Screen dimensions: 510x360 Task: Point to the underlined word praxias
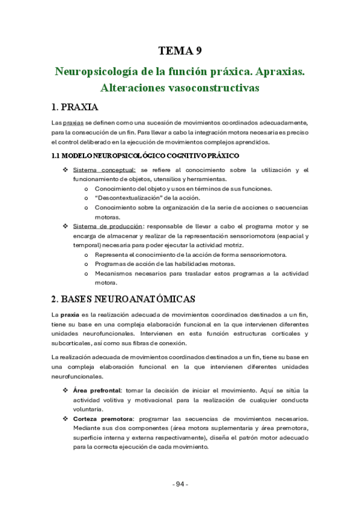[75, 123]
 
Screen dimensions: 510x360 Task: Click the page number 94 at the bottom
[180, 484]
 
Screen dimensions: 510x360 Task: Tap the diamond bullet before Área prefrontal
[65, 390]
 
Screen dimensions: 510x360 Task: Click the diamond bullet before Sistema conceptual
[65, 170]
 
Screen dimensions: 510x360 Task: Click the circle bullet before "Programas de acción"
[88, 264]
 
